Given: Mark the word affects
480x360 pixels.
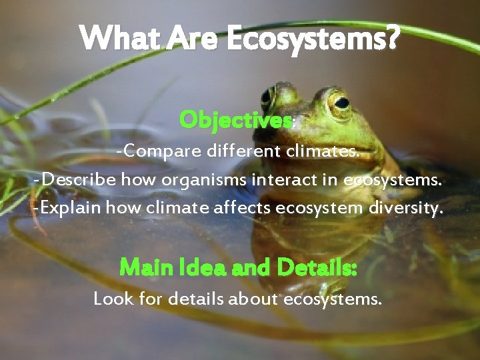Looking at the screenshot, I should (244, 208).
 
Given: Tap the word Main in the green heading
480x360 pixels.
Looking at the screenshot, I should (140, 268).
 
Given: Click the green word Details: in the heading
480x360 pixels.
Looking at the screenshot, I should (317, 268).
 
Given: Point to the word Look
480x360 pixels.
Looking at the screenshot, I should (113, 299).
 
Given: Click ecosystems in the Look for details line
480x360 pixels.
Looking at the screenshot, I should (333, 299).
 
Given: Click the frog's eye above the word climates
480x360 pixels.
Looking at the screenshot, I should (340, 103).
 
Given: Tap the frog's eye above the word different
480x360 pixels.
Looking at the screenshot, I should (269, 97).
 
